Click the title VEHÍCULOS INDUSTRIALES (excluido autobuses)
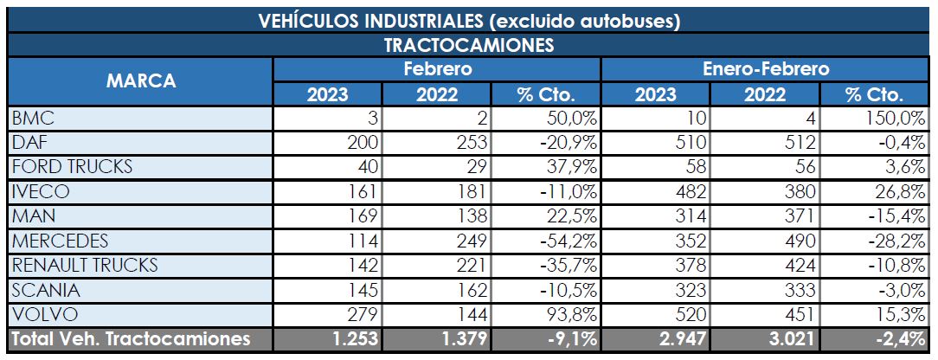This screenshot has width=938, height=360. point(468,21)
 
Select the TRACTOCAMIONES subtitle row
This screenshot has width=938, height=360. point(468,45)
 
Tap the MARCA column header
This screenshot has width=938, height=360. point(140,81)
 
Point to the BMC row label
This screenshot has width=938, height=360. point(31,118)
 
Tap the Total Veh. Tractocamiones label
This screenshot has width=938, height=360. point(130,338)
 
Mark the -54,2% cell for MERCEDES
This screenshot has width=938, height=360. point(569,240)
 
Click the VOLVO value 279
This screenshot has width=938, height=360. point(363,313)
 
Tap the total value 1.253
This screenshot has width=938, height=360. point(355,338)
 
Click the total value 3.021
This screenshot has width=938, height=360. point(793,338)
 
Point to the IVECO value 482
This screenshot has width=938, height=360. point(691,190)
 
